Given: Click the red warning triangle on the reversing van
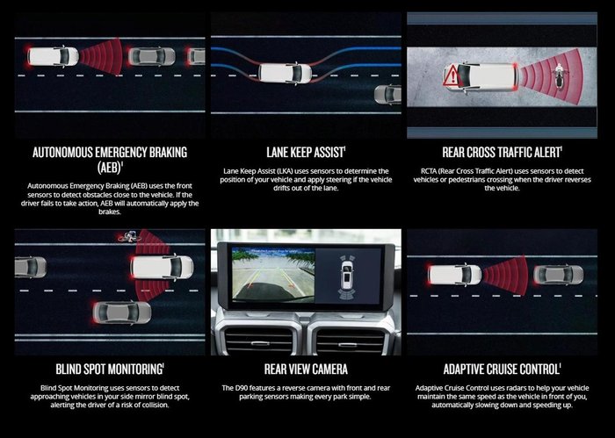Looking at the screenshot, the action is tap(451, 75).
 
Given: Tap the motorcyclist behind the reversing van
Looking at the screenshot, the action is tap(558, 75).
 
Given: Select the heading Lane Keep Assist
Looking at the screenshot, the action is tap(305, 153).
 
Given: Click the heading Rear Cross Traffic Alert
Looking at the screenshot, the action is tap(502, 153).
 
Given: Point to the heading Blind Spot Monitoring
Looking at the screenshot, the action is tap(109, 369).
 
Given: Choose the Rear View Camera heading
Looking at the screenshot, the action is tap(306, 369).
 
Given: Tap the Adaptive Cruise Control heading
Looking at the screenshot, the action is tap(502, 369).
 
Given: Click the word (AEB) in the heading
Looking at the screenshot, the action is tap(109, 168).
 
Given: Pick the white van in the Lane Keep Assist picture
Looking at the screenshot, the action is tap(286, 73).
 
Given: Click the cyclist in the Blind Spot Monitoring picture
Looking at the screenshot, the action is tap(128, 236).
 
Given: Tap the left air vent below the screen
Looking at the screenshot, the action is tap(259, 340).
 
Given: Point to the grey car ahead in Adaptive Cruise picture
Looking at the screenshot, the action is tap(558, 275).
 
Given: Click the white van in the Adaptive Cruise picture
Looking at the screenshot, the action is tap(454, 275).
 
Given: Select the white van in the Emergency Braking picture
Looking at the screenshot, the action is tap(53, 56).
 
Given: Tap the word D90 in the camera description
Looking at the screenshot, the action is tap(242, 388).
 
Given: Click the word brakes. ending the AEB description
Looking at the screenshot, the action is tap(110, 212).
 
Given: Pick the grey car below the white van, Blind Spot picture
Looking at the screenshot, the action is tap(122, 312).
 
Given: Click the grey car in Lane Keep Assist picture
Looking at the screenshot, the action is tap(387, 95).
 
